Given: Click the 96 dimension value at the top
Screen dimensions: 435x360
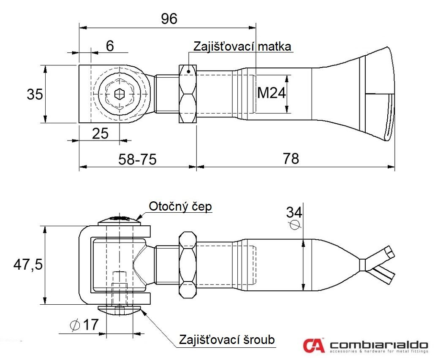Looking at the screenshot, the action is tap(169, 19).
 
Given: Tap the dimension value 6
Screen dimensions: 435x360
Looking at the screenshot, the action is tap(110, 46).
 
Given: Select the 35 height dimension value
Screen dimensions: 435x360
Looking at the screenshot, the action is tap(35, 94).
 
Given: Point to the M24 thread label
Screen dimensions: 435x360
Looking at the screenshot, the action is tap(271, 93).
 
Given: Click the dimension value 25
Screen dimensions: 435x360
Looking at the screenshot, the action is tap(100, 134).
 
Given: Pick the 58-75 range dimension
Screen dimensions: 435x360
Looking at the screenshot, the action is tap(138, 160).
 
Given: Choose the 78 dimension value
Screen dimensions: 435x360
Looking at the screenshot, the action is tap(291, 159).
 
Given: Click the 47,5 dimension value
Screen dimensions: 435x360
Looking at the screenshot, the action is tap(28, 265).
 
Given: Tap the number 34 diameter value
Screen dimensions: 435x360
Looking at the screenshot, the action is tap(294, 213).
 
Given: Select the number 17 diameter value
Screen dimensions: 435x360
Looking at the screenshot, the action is tap(91, 325).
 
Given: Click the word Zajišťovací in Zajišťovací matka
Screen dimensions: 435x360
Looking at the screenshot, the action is tap(224, 46).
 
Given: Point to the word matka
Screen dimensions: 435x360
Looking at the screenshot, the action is tap(275, 46).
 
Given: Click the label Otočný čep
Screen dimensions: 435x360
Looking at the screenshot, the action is tap(180, 206).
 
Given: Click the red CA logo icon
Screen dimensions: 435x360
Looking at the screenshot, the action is tap(313, 345).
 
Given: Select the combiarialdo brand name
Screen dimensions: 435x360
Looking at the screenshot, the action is tap(379, 345).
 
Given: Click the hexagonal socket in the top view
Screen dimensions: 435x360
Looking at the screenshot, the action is tap(120, 94).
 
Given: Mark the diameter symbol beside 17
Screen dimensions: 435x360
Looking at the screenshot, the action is tap(75, 325).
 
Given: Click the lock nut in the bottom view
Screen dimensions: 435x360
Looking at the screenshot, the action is tap(188, 265).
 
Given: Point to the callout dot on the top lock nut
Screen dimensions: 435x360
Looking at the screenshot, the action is tap(189, 71).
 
